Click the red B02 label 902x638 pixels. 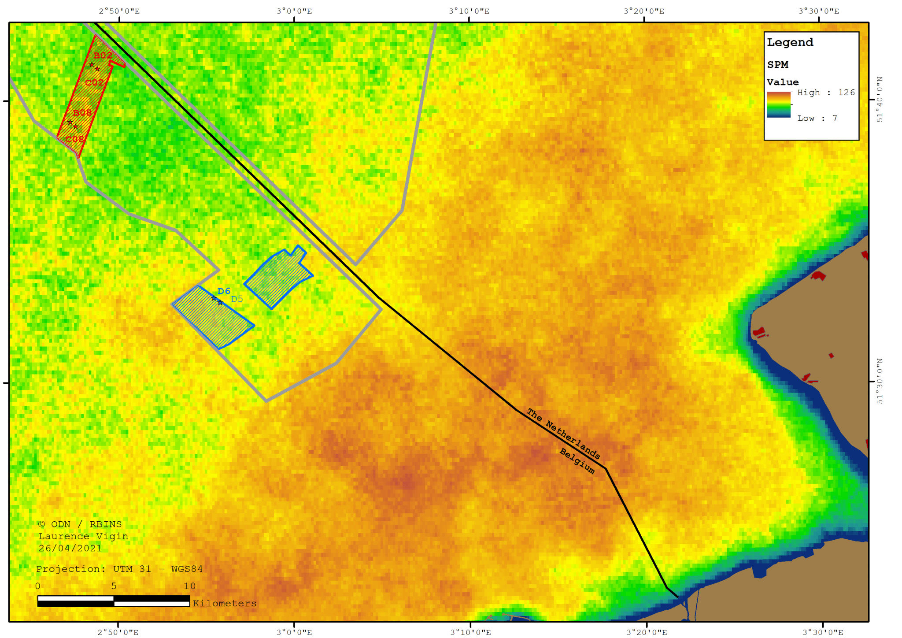(x=103, y=56)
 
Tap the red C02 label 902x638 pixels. (x=94, y=82)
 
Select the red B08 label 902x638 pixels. (x=82, y=113)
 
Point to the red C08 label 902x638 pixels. (x=74, y=139)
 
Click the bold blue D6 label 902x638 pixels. (x=224, y=291)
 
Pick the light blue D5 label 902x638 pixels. (x=237, y=299)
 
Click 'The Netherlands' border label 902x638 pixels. (x=564, y=434)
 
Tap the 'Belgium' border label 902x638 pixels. (x=577, y=461)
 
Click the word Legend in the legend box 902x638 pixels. (x=790, y=42)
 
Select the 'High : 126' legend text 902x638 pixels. (x=826, y=93)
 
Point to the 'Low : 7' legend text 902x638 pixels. (x=817, y=118)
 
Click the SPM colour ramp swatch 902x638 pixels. (x=779, y=104)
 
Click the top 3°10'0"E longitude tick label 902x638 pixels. (x=469, y=11)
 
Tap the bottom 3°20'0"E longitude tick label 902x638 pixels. (x=647, y=632)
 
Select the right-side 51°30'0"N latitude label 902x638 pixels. (x=880, y=381)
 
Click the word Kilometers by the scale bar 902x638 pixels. (x=225, y=603)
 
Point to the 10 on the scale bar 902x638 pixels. (x=189, y=586)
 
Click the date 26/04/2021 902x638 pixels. (x=70, y=548)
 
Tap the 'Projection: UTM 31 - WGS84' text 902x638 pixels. (x=119, y=569)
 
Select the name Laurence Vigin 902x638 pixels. (x=83, y=536)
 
